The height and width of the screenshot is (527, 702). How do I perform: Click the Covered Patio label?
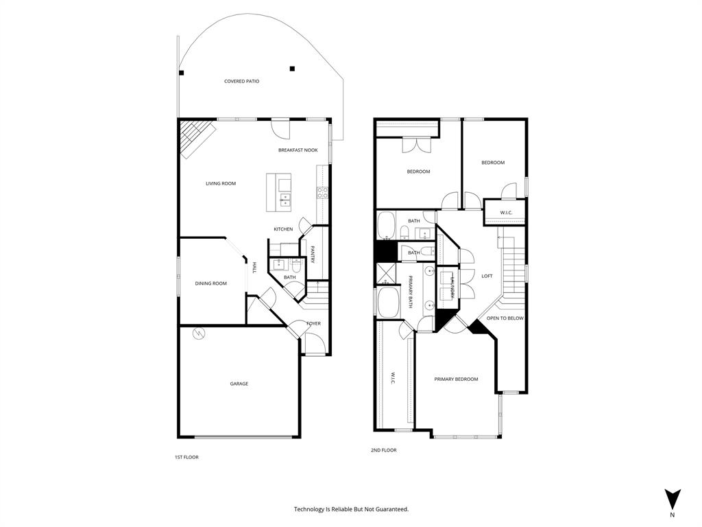tap(241, 81)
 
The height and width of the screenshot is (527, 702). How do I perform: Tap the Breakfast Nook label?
tap(298, 150)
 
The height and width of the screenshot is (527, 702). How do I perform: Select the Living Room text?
tap(221, 183)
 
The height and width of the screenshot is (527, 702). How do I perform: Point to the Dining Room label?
tap(210, 283)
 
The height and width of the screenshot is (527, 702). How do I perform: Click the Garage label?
tap(239, 384)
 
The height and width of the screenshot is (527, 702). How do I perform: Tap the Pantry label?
tap(313, 255)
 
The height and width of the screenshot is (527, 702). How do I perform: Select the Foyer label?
tap(313, 323)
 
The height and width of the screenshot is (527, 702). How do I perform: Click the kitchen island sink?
tap(285, 200)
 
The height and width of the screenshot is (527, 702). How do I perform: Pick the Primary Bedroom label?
tap(456, 379)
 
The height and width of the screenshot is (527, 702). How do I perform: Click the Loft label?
tap(487, 276)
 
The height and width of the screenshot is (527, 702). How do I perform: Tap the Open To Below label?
tap(505, 318)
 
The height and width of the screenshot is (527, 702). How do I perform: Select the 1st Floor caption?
tap(187, 456)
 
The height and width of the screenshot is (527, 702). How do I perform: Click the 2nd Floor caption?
tap(383, 450)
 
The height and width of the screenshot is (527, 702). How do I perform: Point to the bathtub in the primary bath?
tap(389, 303)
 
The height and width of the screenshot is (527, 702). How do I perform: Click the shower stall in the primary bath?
tap(385, 273)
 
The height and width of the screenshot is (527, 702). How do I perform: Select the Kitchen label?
tap(283, 229)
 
